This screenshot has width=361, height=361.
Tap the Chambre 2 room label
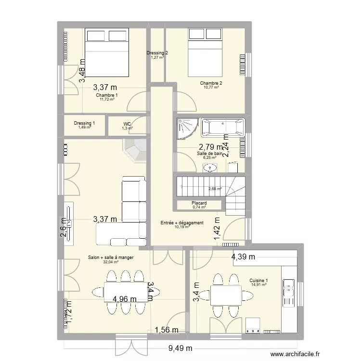[211, 83]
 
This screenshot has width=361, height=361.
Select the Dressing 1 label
[84, 123]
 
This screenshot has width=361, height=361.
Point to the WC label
[127, 124]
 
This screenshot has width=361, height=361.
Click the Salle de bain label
[209, 154]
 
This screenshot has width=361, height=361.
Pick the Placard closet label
[199, 204]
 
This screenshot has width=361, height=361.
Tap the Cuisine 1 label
[258, 281]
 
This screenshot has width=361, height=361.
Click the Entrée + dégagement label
[182, 223]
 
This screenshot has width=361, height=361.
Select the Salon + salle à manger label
[111, 258]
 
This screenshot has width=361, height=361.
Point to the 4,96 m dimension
[124, 299]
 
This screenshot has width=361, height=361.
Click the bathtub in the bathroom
[222, 128]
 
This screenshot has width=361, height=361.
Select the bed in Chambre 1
[107, 52]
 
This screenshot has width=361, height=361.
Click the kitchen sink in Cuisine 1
[290, 292]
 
